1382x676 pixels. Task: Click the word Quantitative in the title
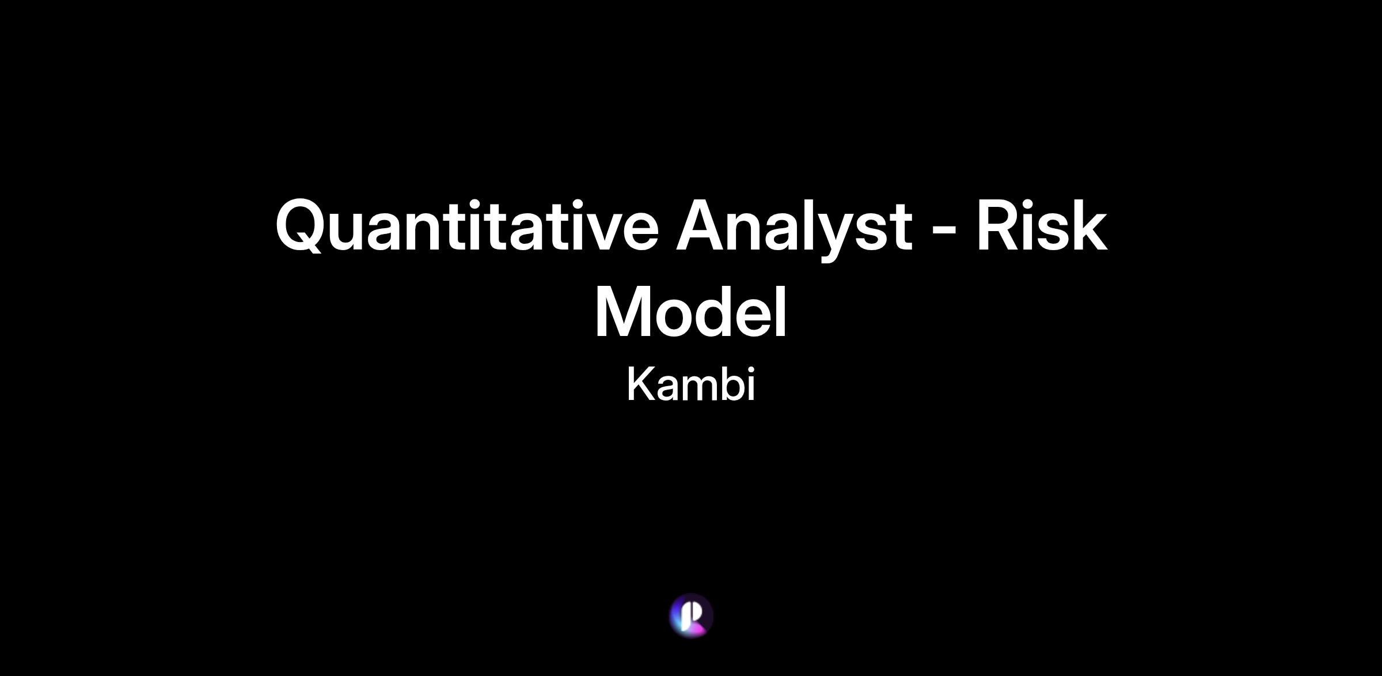point(467,225)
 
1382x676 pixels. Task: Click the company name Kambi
point(690,384)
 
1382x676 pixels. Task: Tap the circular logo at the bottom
point(691,615)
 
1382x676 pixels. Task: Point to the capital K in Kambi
point(641,384)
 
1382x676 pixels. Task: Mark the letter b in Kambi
point(726,383)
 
